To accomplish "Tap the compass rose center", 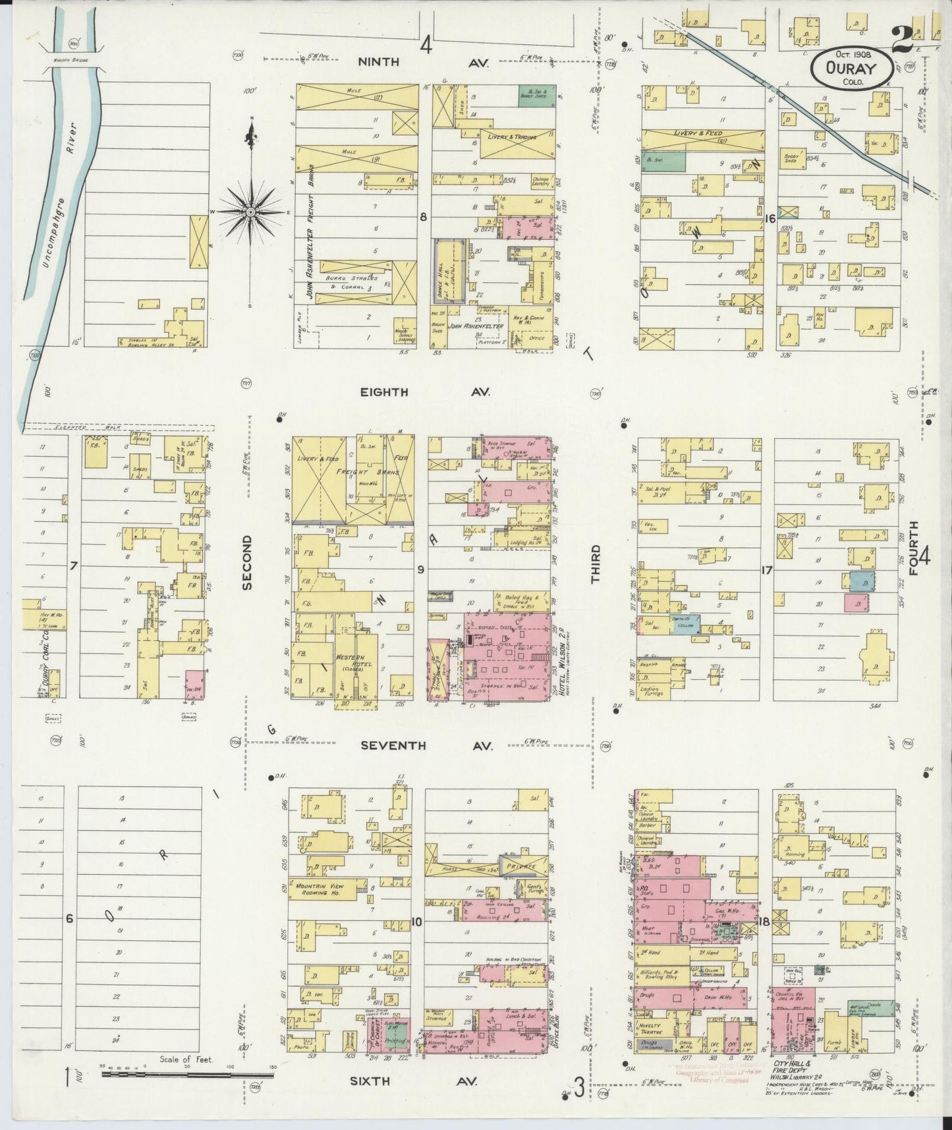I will pos(251,211).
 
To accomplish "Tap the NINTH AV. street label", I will pos(422,62).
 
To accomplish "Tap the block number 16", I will pos(770,219).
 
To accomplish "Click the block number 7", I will pos(74,566).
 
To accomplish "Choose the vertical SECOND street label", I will pos(247,561).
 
